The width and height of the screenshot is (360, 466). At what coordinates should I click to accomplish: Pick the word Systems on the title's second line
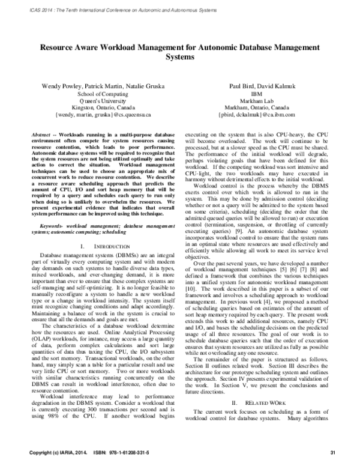pyautogui.click(x=180, y=57)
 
